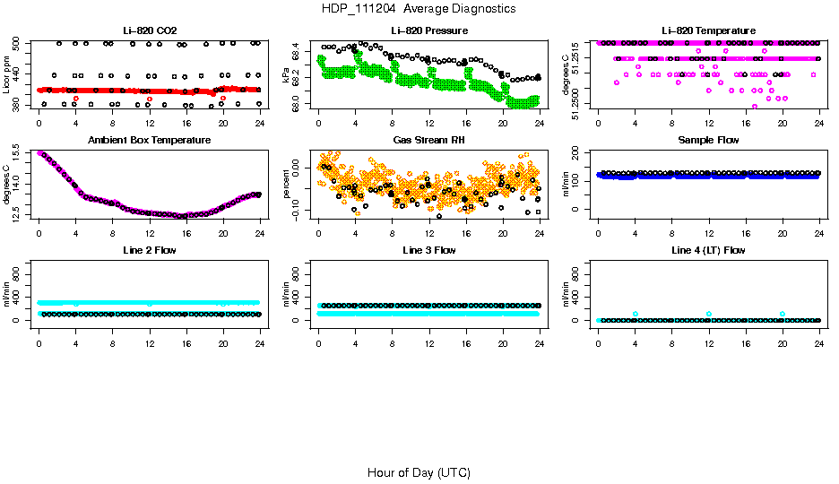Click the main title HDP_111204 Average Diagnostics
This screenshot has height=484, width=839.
point(419,8)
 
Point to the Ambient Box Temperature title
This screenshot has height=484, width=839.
point(149,140)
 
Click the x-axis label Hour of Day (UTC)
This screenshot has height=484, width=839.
point(419,472)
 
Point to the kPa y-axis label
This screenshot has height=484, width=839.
point(287,75)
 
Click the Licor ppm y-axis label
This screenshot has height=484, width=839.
point(7,75)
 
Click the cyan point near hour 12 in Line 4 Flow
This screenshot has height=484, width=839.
point(709,314)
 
